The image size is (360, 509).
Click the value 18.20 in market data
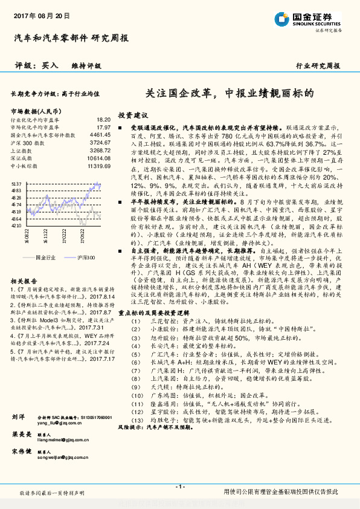[x=103, y=120]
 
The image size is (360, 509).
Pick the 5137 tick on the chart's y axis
[x=16, y=183]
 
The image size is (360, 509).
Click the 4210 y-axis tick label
[x=16, y=225]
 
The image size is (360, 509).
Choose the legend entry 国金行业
[x=46, y=257]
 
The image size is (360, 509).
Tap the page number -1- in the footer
[x=179, y=486]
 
